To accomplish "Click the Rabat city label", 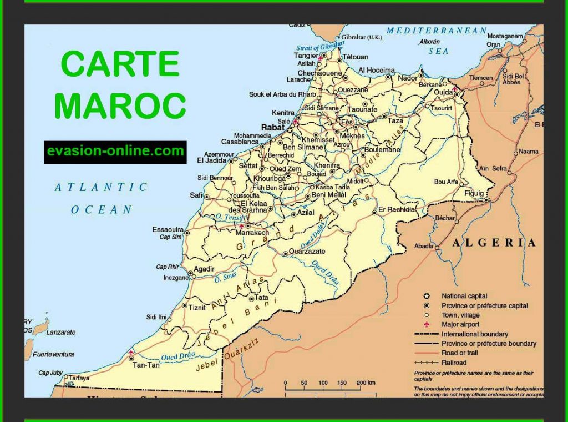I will [x=272, y=127].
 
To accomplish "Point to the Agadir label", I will [x=204, y=269].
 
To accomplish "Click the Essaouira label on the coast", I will [x=168, y=229].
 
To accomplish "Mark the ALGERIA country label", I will [x=494, y=243].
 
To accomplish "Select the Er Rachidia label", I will [x=396, y=209].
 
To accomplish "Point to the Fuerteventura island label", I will [x=53, y=354].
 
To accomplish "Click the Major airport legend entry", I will [x=460, y=324].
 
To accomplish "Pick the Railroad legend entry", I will [x=454, y=362].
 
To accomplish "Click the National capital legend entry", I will [x=464, y=296].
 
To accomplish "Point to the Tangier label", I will [x=306, y=56].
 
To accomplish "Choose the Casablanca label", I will [x=240, y=142].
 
